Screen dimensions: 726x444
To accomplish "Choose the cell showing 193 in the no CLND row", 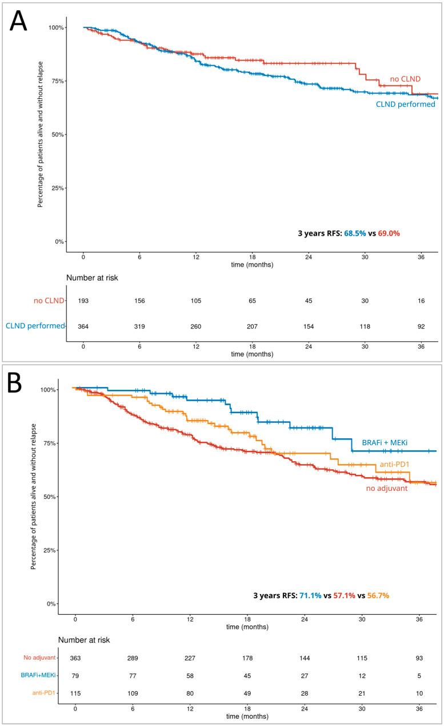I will point(83,301).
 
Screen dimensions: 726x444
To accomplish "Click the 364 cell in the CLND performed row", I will point(83,326).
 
